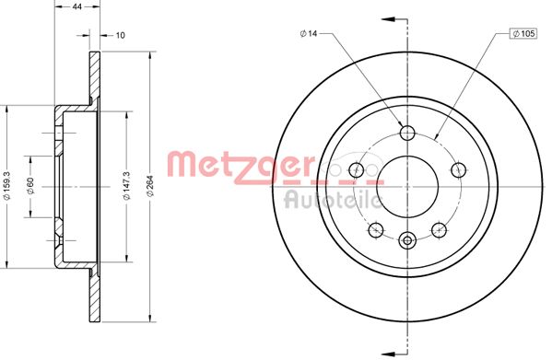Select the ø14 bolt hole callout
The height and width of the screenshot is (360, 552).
(x=308, y=34)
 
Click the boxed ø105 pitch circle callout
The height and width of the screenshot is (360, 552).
(x=523, y=34)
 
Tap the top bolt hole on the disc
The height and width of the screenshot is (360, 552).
(x=407, y=131)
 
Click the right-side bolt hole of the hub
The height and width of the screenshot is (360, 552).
(x=458, y=168)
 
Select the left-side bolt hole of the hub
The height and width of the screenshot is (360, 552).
(x=357, y=168)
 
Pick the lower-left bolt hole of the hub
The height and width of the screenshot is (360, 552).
(x=376, y=228)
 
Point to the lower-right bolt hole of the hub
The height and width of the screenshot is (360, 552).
(x=439, y=228)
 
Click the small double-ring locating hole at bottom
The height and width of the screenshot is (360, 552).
(x=407, y=241)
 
